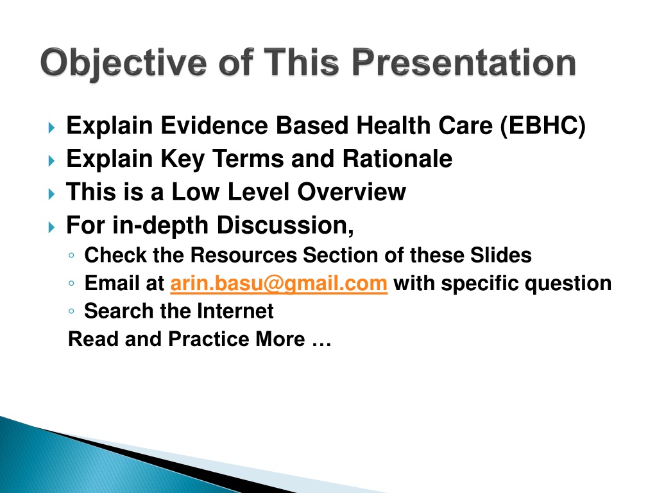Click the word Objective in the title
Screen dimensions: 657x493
pos(124,64)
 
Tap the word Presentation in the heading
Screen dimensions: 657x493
pos(464,62)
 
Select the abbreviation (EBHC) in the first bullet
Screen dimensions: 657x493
pos(543,125)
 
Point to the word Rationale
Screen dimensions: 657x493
pos(397,159)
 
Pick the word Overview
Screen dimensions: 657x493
pos(352,192)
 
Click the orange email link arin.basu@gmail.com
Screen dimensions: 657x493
pos(278,283)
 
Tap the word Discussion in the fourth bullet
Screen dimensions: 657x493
pos(286,225)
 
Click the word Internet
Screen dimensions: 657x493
pos(235,311)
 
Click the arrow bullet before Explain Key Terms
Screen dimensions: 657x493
pos(51,160)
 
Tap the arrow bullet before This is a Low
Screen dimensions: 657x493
pos(51,194)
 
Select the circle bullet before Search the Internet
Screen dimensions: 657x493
pos(71,311)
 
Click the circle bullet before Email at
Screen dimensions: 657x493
pos(71,284)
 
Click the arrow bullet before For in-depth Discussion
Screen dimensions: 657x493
pos(51,227)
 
